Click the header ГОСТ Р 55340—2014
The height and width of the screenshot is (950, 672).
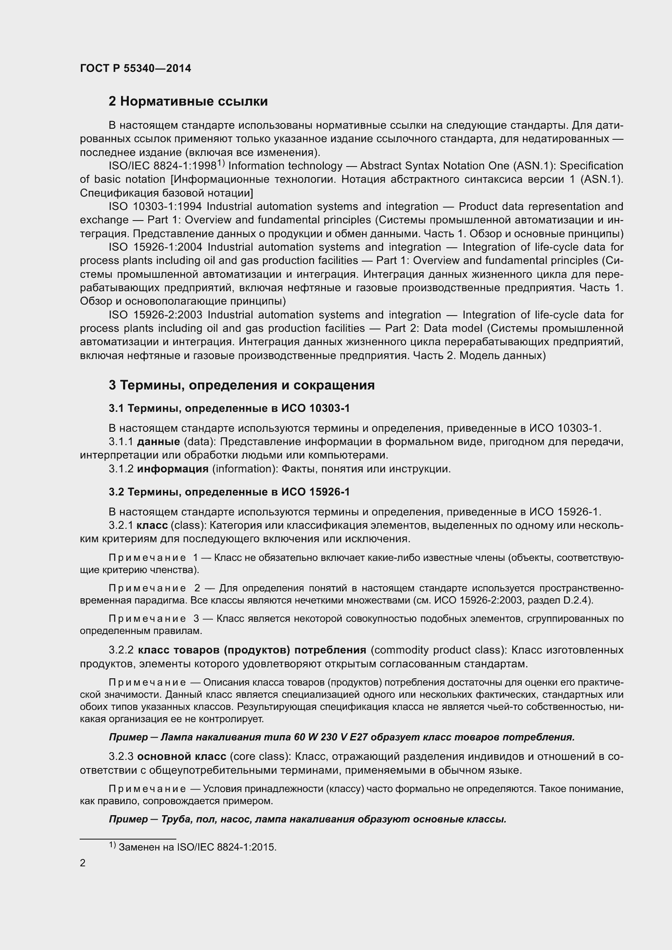pos(135,68)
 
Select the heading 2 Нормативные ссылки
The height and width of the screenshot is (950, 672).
pos(188,102)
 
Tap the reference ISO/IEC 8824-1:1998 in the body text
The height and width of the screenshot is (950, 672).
pos(163,166)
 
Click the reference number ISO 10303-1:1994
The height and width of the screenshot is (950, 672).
pos(156,206)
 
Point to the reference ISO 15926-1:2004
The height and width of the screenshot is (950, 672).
pos(156,247)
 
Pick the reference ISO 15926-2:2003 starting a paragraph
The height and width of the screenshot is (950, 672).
pos(156,315)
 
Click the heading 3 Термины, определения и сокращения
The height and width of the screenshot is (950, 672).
pos(242,385)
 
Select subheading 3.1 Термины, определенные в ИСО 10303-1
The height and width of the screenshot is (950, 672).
pos(229,408)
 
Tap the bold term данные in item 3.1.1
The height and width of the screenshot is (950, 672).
pos(158,442)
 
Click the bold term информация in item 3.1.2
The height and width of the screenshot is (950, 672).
pos(173,469)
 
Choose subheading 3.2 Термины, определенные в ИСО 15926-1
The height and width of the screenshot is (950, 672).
pos(229,492)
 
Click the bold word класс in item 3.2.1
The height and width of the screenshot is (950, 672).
pos(152,526)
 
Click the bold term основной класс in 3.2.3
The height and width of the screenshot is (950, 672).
pos(182,756)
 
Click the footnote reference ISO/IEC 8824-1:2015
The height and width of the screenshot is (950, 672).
pos(226,847)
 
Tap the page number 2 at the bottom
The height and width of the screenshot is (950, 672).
pos(83,863)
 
